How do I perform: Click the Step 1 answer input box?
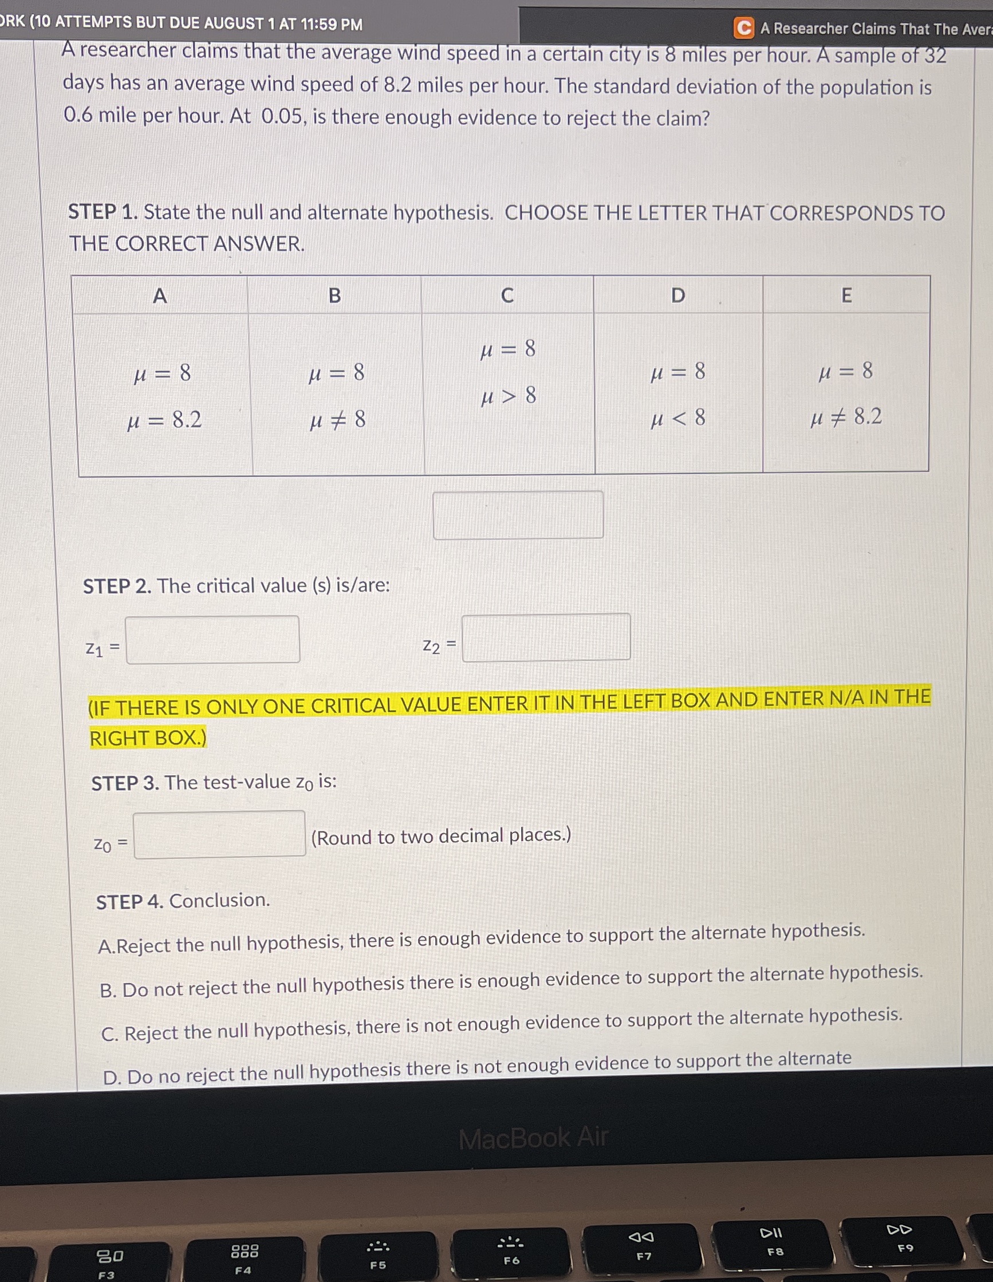[x=518, y=515]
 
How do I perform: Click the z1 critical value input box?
[x=212, y=639]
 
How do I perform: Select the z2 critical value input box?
[x=546, y=637]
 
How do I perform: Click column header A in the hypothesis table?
[x=160, y=296]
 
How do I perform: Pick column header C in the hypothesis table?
[x=507, y=296]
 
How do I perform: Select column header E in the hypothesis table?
[x=846, y=295]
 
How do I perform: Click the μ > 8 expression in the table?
[x=508, y=396]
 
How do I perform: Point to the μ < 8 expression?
[x=677, y=419]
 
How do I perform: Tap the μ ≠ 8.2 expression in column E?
[x=846, y=417]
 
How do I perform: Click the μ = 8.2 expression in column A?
[x=164, y=420]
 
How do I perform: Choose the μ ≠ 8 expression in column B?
[x=337, y=420]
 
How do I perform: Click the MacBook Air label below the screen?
[x=533, y=1138]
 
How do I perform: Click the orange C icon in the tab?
[x=743, y=28]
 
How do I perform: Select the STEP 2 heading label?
[x=117, y=586]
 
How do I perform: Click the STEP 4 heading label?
[x=129, y=902]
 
